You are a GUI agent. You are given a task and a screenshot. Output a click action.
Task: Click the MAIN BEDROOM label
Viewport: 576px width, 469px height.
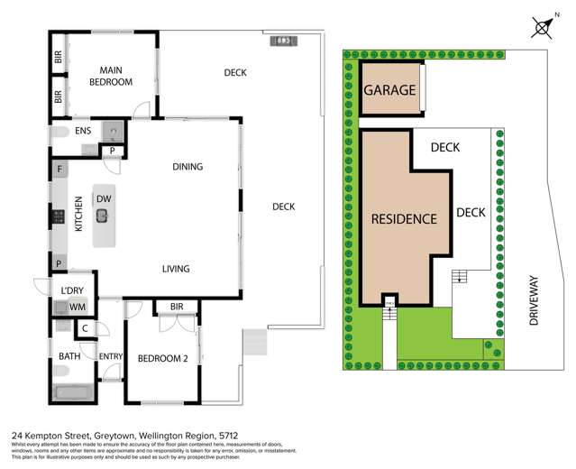111,77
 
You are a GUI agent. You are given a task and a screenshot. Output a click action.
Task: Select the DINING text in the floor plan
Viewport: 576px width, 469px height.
187,166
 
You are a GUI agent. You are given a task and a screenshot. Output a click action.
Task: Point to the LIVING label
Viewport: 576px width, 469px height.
180,269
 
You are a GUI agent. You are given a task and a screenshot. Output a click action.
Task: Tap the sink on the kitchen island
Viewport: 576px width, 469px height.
103,215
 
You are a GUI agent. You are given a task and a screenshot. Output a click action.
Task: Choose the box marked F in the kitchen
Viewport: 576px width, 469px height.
59,169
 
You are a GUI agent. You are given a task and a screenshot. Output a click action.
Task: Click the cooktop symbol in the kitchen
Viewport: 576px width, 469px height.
58,216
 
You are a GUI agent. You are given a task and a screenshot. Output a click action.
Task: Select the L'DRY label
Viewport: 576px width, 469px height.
72,290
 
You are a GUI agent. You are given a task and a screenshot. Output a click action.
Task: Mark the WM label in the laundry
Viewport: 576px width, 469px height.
79,308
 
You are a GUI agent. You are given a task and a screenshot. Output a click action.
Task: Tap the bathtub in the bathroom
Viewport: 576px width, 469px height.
72,392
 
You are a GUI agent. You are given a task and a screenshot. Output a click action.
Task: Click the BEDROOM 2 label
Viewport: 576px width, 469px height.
162,358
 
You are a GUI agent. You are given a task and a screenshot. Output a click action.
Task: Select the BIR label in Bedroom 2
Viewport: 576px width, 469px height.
176,308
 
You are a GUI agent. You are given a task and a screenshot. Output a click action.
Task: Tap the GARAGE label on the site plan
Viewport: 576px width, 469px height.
389,90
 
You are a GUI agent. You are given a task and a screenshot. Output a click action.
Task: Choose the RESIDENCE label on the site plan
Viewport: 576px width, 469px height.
405,218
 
